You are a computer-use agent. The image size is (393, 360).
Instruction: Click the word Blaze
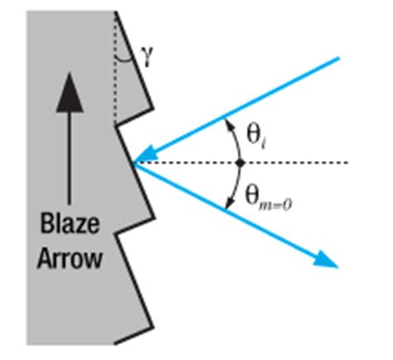pos(70,224)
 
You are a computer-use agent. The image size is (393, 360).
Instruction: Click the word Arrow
pos(70,259)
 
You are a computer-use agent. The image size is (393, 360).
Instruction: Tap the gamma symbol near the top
pos(147,56)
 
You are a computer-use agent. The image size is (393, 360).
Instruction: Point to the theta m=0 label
pos(268,197)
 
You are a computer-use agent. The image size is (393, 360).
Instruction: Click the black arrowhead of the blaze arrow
pos(70,92)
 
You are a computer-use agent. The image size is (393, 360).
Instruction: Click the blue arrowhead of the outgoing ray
pos(326,259)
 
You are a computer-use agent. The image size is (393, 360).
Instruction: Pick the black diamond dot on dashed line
pos(240,163)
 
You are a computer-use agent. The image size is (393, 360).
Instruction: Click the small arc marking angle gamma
pos(124,60)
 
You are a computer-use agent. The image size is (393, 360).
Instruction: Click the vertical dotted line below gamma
pos(116,68)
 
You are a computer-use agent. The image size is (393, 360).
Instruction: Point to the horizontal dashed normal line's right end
pos(347,163)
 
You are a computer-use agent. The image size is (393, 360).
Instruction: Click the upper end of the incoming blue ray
pos(338,58)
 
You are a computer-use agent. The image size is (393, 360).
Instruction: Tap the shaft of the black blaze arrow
pos(70,158)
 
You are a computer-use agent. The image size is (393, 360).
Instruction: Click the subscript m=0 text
pos(275,206)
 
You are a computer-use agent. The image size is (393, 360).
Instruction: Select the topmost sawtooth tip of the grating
pos(153,109)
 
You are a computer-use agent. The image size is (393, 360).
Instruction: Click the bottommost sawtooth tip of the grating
pos(153,328)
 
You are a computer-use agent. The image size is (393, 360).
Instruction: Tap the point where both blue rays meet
pos(134,163)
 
